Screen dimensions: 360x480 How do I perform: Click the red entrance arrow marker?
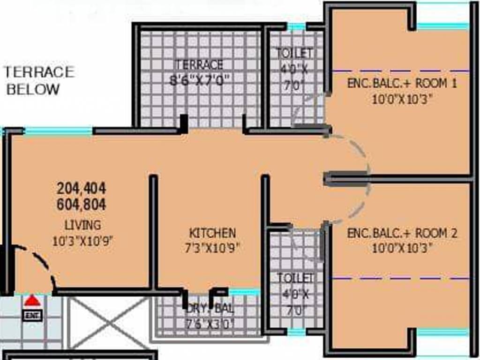[32, 300]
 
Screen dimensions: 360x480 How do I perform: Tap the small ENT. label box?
[32, 315]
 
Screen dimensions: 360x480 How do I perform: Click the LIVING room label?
[82, 225]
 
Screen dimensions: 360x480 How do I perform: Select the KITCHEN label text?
[212, 233]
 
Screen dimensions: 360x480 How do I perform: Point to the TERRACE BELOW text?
[39, 80]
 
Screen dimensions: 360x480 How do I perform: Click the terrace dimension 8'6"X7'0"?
[199, 80]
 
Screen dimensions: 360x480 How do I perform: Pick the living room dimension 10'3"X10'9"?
[83, 241]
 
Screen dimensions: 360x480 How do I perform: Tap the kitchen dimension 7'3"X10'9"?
[212, 248]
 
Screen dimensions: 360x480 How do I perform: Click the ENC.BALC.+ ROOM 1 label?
[402, 84]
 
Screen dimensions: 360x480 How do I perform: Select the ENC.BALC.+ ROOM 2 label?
[402, 233]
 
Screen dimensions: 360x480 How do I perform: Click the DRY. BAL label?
[210, 309]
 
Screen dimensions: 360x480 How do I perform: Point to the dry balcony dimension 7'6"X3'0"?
[210, 323]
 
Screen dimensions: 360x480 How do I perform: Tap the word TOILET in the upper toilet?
[294, 52]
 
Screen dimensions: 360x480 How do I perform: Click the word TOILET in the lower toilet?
[295, 278]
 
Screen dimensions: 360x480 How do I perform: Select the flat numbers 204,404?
[82, 188]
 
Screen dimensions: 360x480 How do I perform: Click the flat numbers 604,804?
[82, 204]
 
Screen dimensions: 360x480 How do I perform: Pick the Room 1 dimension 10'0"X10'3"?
[402, 99]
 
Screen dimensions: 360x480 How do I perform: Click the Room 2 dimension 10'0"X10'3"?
[402, 248]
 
